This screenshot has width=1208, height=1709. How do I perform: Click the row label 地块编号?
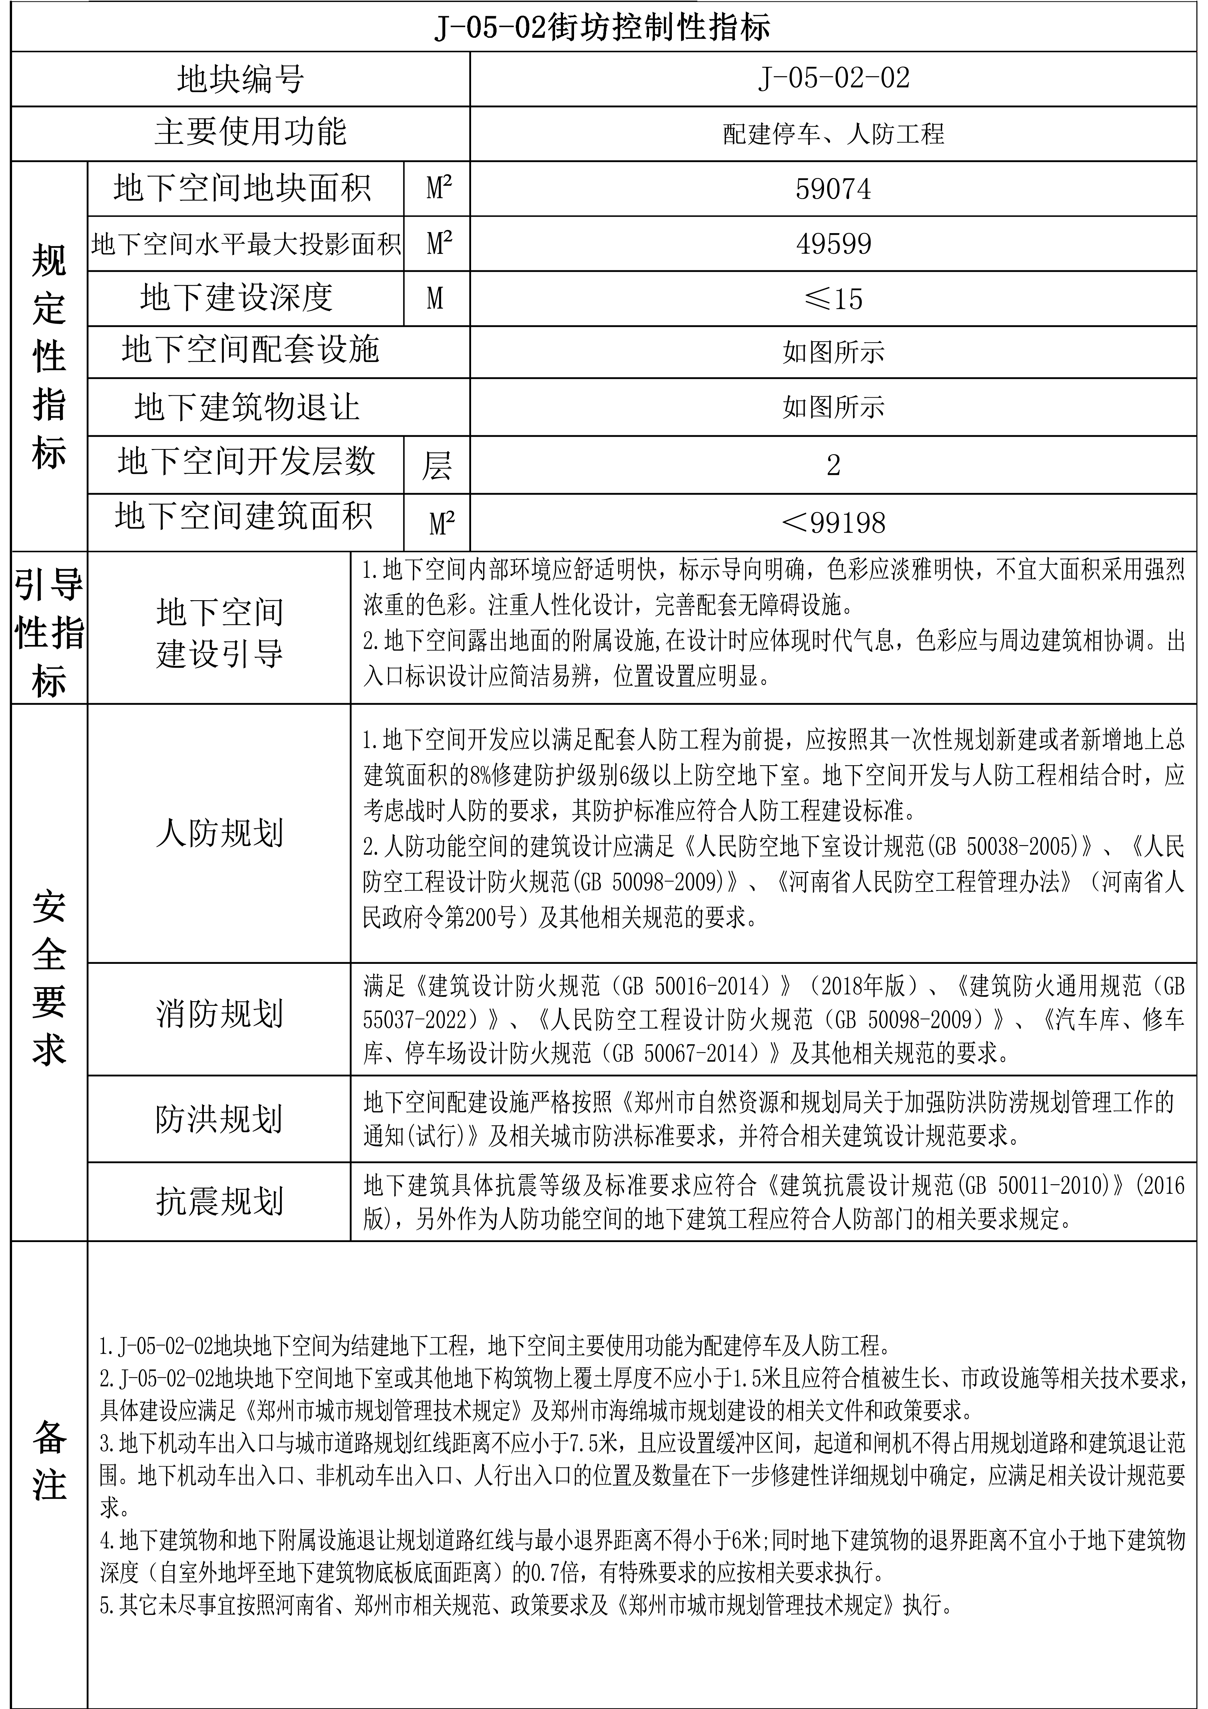tap(240, 79)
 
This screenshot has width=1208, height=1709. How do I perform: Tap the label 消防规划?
tap(220, 1014)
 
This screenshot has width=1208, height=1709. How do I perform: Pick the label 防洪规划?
tap(220, 1119)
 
